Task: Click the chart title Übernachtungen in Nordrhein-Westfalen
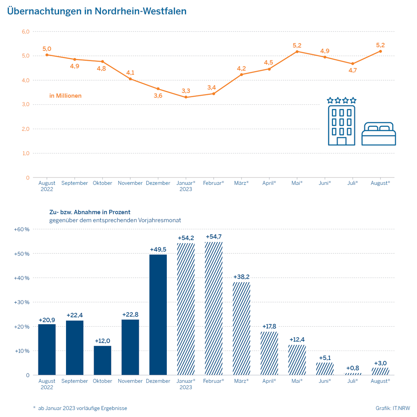pyautogui.click(x=97, y=11)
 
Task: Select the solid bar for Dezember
pyautogui.click(x=158, y=314)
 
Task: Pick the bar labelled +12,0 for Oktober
pyautogui.click(x=103, y=360)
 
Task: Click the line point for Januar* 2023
pyautogui.click(x=186, y=97)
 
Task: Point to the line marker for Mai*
pyautogui.click(x=297, y=51)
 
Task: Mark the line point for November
pyautogui.click(x=130, y=79)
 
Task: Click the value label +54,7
pyautogui.click(x=214, y=237)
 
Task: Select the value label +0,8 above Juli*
pyautogui.click(x=353, y=368)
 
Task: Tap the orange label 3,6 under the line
pyautogui.click(x=158, y=96)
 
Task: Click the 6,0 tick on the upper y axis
pyautogui.click(x=26, y=32)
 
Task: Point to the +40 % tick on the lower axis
pyautogui.click(x=22, y=278)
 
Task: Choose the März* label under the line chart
pyautogui.click(x=242, y=183)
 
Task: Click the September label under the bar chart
pyautogui.click(x=75, y=381)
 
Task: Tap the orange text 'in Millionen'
pyautogui.click(x=65, y=96)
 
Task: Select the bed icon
pyautogui.click(x=378, y=134)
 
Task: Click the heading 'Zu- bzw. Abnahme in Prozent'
pyautogui.click(x=90, y=212)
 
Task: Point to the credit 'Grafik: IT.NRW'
pyautogui.click(x=393, y=408)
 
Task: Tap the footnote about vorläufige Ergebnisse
pyautogui.click(x=80, y=408)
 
